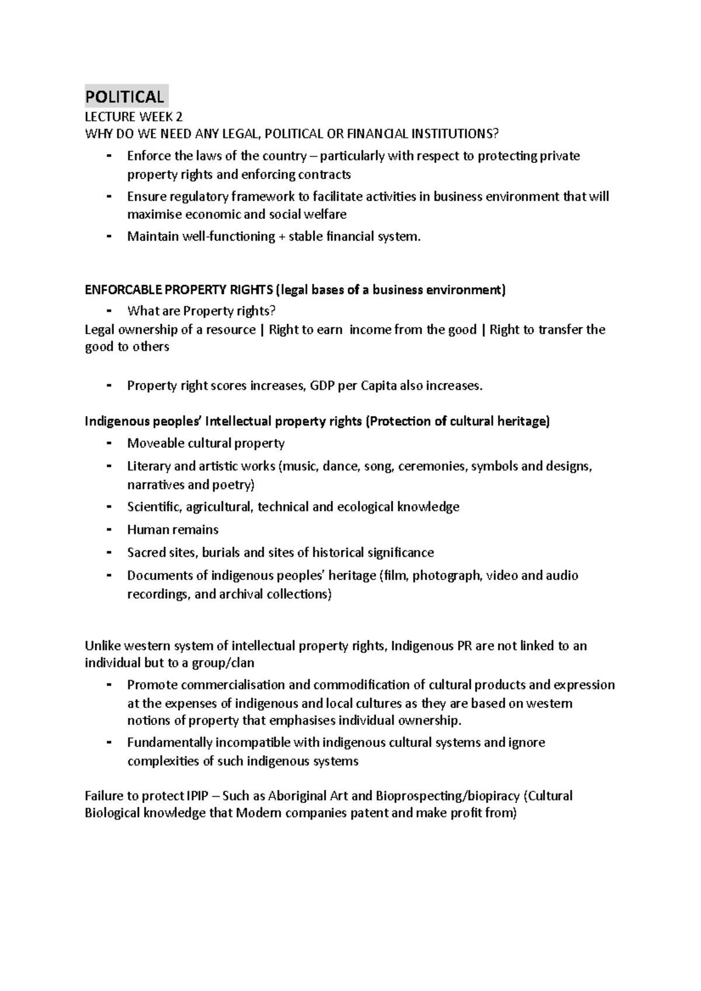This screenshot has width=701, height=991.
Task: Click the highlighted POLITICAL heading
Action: pyautogui.click(x=124, y=96)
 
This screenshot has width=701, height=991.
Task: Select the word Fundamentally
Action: pyautogui.click(x=169, y=743)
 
